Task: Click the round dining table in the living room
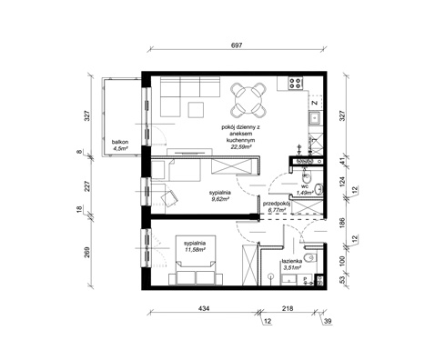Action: click(x=248, y=94)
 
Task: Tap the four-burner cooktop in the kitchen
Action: click(x=296, y=85)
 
